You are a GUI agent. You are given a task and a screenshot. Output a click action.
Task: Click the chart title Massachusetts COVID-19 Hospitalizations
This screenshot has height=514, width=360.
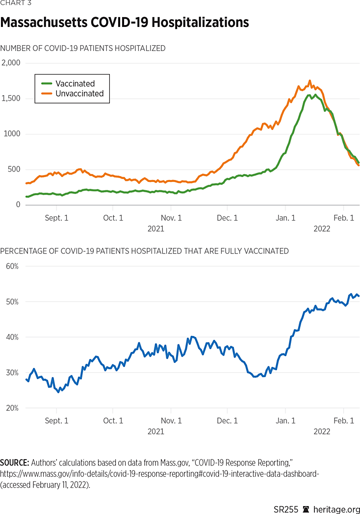[125, 23]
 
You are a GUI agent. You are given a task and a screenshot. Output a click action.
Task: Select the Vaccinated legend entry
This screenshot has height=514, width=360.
[75, 84]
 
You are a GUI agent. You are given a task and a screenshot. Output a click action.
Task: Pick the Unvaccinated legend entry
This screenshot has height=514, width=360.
[79, 94]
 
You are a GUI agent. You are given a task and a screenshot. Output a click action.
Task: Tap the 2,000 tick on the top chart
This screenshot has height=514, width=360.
[10, 63]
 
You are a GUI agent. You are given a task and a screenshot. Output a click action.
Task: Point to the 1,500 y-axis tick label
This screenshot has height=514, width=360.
[10, 99]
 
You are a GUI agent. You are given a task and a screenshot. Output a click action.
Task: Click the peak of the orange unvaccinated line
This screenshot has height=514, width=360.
[309, 81]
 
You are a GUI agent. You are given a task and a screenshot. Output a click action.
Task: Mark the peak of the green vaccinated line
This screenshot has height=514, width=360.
[309, 95]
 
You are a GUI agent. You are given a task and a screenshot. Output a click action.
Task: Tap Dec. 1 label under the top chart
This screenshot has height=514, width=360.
[227, 218]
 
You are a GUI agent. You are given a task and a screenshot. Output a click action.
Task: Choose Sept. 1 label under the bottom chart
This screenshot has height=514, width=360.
[56, 421]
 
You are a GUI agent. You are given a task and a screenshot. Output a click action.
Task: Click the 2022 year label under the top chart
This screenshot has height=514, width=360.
[321, 229]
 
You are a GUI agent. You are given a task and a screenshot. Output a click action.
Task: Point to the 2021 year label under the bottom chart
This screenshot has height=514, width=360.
[155, 432]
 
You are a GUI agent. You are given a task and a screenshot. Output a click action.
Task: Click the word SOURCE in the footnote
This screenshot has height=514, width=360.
[14, 463]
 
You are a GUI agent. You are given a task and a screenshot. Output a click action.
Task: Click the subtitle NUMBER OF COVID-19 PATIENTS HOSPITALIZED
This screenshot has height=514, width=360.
[82, 48]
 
